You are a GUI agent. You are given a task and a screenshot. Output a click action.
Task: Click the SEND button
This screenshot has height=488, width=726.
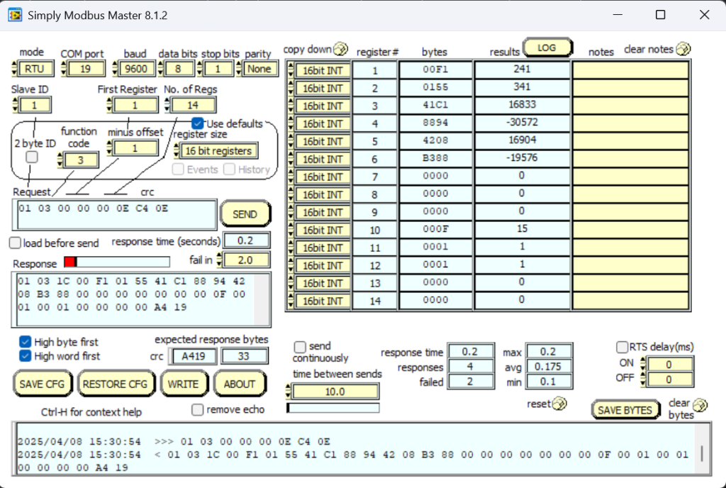coord(245,214)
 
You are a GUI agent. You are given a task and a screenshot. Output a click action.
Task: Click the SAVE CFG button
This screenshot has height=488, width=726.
coord(42,384)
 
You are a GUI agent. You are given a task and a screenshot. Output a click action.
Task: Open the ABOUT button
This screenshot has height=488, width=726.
coord(239,384)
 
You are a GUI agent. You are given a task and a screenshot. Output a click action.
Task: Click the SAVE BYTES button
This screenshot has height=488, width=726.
coord(625,410)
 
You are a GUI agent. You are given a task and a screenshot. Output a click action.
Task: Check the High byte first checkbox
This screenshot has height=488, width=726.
coord(25,342)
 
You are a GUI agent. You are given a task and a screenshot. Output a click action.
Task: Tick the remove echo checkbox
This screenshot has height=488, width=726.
coord(198,409)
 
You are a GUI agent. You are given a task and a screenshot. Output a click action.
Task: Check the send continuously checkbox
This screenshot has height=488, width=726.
coord(300,347)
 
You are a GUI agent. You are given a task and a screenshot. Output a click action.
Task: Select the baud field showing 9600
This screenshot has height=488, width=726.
coord(134,69)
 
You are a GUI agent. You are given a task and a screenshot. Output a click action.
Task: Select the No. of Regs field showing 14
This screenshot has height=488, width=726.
coord(194,105)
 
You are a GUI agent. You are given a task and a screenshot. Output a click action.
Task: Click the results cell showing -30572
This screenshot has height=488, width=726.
coord(522,123)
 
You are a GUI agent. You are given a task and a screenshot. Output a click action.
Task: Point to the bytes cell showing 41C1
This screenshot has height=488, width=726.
coord(435,106)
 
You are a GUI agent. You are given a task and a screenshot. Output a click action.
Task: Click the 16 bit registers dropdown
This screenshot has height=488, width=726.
coord(218,151)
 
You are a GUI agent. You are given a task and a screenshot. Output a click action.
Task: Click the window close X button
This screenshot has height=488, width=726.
coord(704,15)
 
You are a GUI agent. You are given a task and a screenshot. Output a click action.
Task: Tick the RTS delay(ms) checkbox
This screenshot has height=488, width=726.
coord(622,348)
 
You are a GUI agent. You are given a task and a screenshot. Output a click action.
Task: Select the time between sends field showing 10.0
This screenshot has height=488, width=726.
coord(335,392)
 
